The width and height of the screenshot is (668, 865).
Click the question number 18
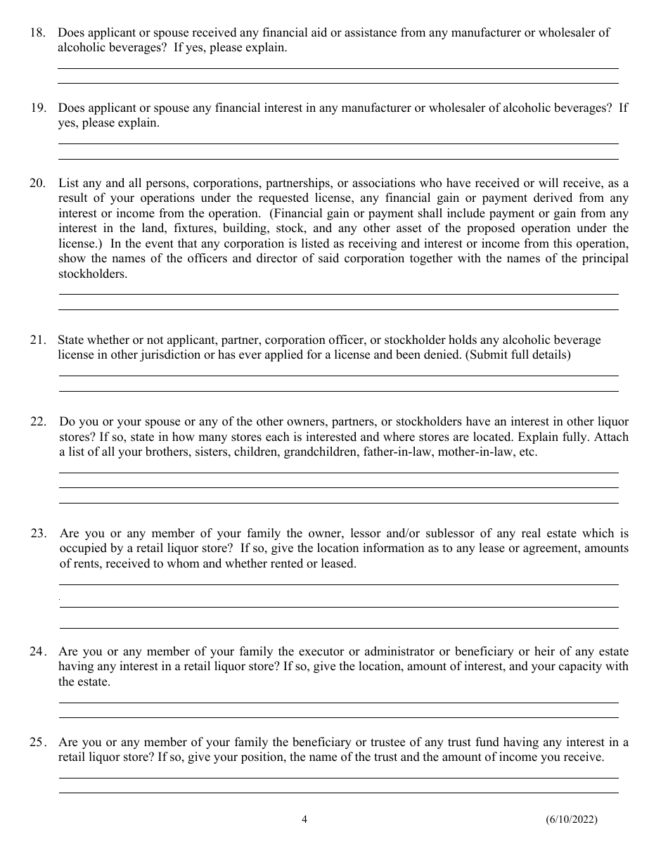[x=37, y=32]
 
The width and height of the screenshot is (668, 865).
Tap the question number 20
[x=37, y=183]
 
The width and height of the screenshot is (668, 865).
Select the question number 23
[x=39, y=533]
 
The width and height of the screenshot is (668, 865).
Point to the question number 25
[x=39, y=742]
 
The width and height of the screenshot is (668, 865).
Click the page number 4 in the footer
[x=304, y=819]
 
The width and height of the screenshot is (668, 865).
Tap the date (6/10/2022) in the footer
[x=571, y=819]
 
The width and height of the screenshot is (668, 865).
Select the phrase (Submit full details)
[x=518, y=355]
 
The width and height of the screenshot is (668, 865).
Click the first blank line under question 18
[x=338, y=68]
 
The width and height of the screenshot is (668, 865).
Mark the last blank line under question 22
[x=338, y=503]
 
